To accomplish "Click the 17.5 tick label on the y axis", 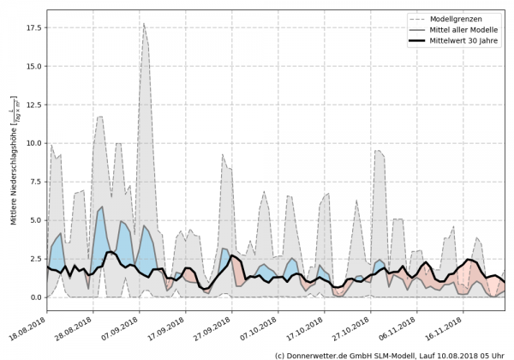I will tap(33, 27).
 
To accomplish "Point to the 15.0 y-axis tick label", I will tap(33, 66).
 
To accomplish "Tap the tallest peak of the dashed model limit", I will tap(144, 23).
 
